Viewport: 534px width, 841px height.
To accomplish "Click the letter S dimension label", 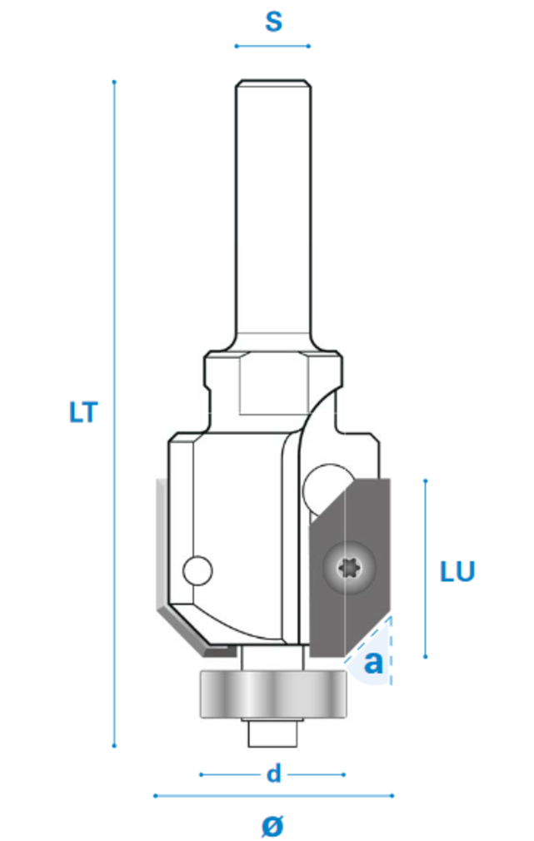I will pos(273,21).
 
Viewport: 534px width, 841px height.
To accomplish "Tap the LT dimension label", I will pos(83,412).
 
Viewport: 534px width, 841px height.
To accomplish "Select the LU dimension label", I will pos(457,571).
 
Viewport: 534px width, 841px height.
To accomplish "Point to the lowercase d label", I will pos(273,774).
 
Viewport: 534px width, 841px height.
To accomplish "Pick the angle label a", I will pos(374,663).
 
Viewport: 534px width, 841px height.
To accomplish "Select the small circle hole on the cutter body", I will pos(197,571).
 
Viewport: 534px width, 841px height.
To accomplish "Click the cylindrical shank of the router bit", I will pos(273,208).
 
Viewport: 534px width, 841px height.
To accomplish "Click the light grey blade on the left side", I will pos(159,550).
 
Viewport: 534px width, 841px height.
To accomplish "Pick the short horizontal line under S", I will pos(273,46).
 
